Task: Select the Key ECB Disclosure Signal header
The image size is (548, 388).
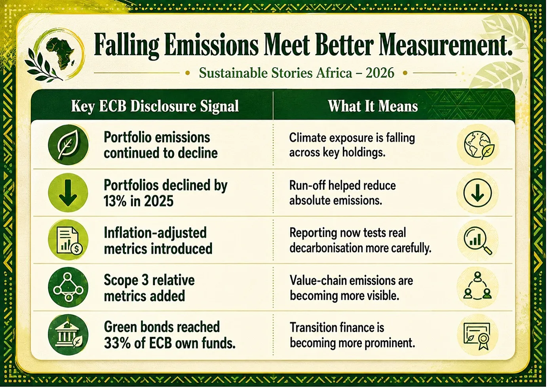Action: tap(155, 106)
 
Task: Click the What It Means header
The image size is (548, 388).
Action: tap(373, 106)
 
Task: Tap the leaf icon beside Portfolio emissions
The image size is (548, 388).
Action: tap(68, 145)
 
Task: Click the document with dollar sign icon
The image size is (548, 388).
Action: tap(68, 240)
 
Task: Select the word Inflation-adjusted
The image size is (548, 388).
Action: tap(155, 233)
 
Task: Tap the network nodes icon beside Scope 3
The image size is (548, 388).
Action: tap(68, 287)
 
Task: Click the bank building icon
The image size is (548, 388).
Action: tap(68, 335)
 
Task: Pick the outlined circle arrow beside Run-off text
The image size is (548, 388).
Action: tap(478, 193)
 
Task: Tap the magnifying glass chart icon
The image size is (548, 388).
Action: tap(478, 241)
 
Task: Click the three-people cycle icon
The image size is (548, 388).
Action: tap(478, 287)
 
